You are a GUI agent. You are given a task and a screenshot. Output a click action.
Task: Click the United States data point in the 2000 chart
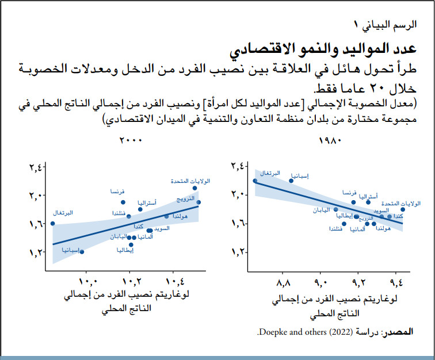195,188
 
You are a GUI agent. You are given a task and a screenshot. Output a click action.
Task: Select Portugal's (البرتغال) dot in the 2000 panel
52,224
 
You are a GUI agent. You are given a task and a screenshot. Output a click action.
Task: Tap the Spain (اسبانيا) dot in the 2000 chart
82,252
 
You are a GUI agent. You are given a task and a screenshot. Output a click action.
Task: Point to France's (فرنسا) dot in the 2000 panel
123,202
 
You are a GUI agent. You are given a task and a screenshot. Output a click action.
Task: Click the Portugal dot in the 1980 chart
255,181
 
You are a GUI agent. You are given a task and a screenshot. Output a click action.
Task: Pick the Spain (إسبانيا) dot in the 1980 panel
291,181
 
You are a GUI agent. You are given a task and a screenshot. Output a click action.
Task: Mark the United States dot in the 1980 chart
403,209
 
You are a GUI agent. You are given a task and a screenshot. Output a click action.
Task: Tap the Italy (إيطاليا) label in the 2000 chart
125,251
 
